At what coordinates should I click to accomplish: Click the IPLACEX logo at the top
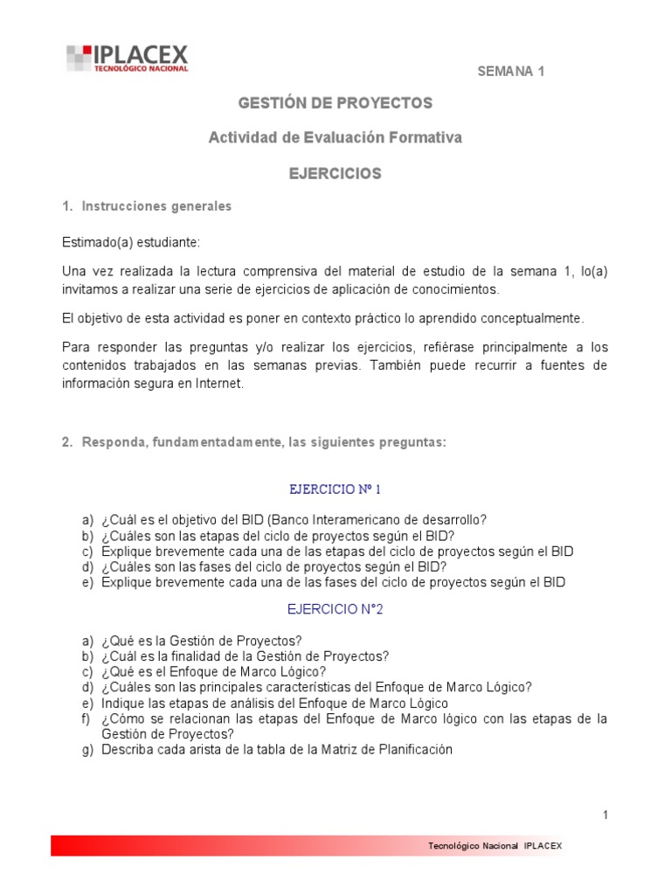coord(128,59)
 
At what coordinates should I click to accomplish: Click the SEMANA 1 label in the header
coord(510,72)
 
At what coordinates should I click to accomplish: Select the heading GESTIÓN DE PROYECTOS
coord(335,103)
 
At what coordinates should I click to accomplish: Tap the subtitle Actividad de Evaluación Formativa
coord(335,138)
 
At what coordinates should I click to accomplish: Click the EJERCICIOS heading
coord(335,174)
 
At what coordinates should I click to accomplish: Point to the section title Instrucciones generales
coord(156,207)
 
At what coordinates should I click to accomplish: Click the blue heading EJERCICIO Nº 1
coord(335,489)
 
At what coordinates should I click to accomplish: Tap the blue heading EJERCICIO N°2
coord(335,610)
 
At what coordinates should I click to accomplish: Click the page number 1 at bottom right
coord(605,815)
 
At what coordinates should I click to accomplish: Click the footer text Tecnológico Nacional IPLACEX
coord(495,846)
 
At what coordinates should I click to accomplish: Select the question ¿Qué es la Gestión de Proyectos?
coord(201,641)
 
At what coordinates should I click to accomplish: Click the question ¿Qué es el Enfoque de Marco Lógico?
coord(213,672)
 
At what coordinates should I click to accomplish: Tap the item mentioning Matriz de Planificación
coord(276,750)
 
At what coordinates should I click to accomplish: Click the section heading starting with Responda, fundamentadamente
coord(264,443)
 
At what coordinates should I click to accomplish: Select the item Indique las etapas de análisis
coord(274,704)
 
